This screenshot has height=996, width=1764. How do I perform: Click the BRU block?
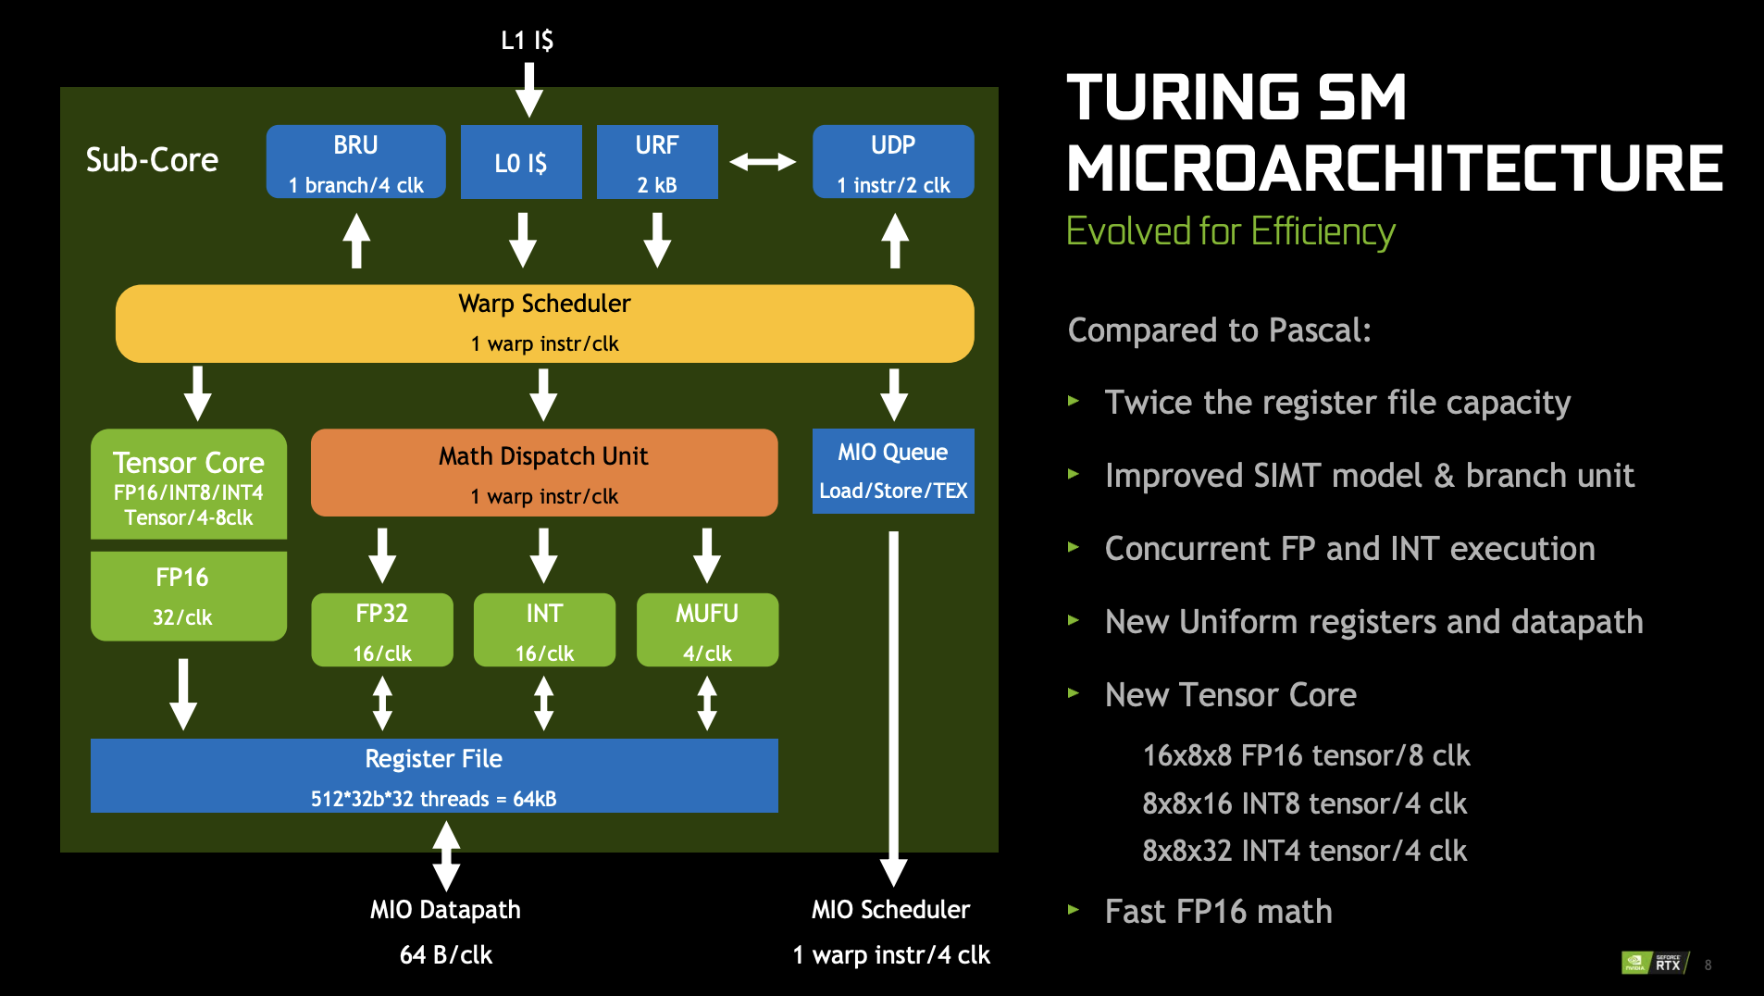[355, 162]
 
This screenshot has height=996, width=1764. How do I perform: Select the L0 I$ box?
[521, 162]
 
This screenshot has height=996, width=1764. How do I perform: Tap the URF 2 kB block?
[657, 162]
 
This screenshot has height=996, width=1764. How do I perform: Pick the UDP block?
[893, 162]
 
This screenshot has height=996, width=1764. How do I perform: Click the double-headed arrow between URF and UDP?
[763, 163]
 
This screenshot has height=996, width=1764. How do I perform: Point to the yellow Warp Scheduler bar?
[544, 323]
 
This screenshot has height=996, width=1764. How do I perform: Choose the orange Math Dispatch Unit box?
[544, 473]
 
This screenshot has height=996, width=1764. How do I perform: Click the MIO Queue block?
[893, 471]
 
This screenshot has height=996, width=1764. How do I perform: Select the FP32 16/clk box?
[382, 630]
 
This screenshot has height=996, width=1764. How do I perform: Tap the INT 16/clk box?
[544, 630]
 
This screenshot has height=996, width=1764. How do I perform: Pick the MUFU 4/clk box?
[707, 630]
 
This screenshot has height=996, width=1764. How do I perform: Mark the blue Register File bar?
[434, 776]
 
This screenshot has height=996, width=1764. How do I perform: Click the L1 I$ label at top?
[528, 40]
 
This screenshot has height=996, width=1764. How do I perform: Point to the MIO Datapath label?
[445, 910]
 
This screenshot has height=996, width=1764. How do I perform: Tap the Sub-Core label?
[152, 160]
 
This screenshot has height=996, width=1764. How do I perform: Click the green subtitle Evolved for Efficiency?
[1230, 231]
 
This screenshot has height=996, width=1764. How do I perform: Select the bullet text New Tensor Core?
[1230, 695]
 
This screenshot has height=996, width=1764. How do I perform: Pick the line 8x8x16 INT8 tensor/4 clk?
[1304, 803]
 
